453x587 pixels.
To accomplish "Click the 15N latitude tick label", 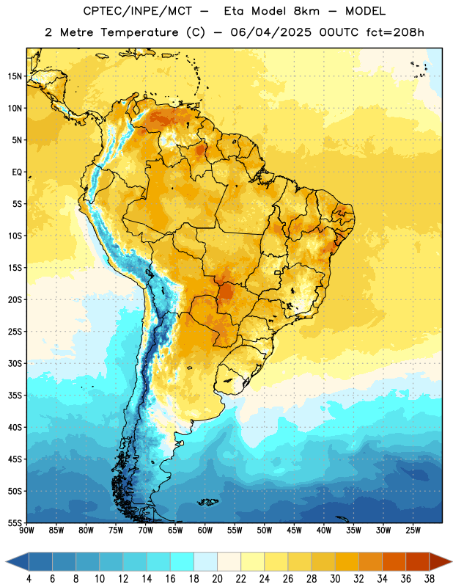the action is point(15,76).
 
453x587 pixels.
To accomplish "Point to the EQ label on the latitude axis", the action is point(17,172).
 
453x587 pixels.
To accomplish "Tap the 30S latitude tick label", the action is point(15,363).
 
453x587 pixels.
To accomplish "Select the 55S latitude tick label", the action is point(15,522).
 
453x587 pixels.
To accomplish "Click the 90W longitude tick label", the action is point(26,530).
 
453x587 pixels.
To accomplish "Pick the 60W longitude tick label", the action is point(205,530).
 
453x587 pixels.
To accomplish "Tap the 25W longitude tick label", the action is point(413,530).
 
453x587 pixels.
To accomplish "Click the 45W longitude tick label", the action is point(294,530).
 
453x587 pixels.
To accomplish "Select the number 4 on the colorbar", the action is point(29,579).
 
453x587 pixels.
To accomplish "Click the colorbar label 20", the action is point(217,579).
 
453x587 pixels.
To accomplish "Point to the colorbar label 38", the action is point(430,579).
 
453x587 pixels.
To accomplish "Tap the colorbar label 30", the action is point(335,579).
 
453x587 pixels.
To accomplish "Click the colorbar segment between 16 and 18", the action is point(182,561).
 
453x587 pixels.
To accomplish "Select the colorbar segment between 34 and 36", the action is point(394,561).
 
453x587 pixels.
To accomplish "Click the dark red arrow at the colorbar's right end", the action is point(440,561).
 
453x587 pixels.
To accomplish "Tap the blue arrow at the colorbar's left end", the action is point(18,561).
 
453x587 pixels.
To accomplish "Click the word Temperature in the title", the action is point(139,32).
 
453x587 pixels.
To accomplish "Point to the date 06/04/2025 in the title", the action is point(270,32).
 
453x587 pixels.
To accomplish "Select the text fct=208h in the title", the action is point(395,32).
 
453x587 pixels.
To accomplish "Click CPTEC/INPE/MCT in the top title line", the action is point(138,12).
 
